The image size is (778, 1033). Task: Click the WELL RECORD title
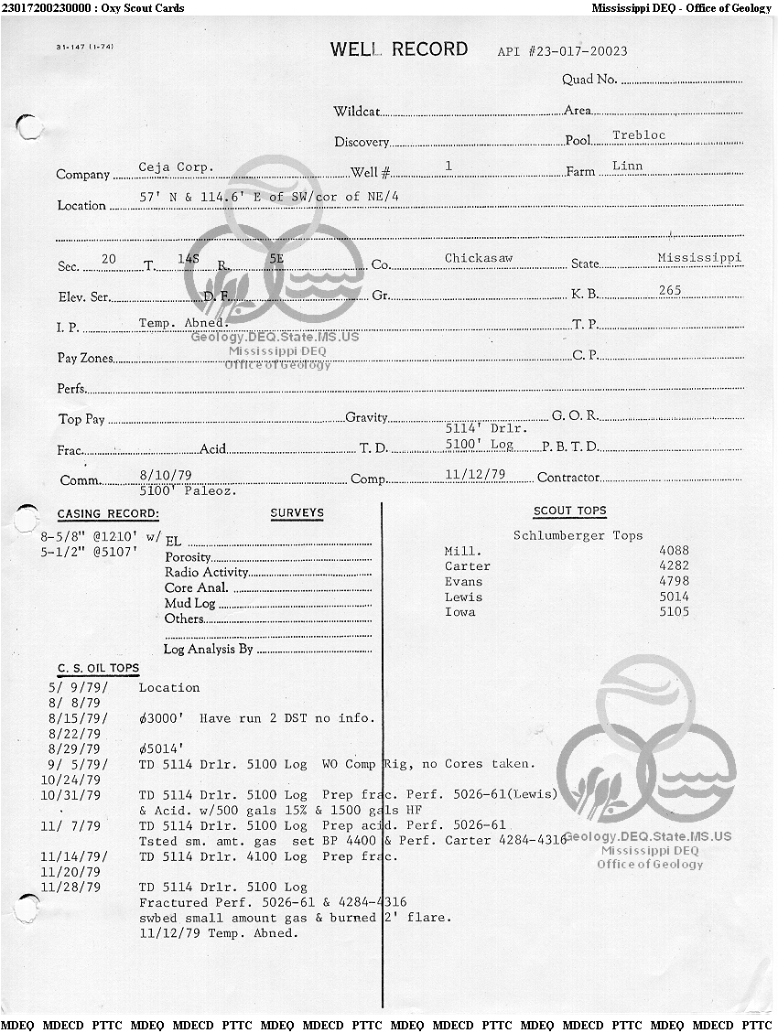(399, 49)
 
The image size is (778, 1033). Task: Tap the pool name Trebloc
(639, 135)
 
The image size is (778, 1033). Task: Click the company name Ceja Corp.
(176, 167)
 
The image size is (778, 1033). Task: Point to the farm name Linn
(628, 167)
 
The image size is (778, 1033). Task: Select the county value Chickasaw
(479, 258)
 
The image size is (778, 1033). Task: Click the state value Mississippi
(699, 258)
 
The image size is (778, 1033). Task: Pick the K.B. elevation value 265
(670, 290)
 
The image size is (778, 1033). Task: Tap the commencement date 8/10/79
(157, 474)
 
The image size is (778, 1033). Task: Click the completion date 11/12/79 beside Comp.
(475, 474)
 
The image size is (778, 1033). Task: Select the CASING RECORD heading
(108, 514)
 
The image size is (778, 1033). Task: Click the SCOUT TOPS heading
(569, 511)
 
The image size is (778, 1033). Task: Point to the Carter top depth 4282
(674, 566)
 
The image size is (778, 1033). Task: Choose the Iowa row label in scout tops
(459, 612)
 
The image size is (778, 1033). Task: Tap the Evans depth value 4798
(674, 582)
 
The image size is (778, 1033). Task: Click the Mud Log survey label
(189, 604)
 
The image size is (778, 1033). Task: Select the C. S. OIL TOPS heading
(98, 669)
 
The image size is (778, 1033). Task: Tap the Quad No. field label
(589, 80)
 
